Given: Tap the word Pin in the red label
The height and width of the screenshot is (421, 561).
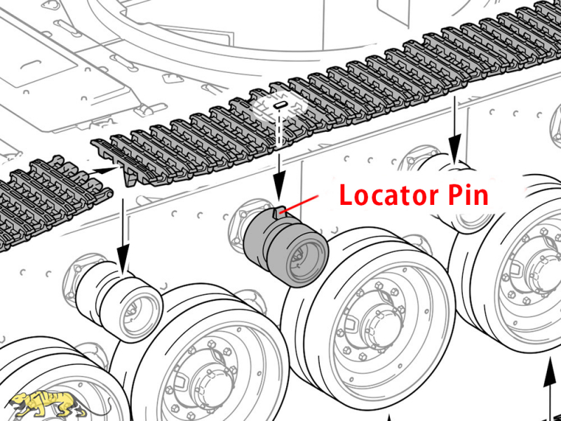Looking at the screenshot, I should [x=467, y=194].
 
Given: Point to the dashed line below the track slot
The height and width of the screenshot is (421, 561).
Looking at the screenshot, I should [x=279, y=130].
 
